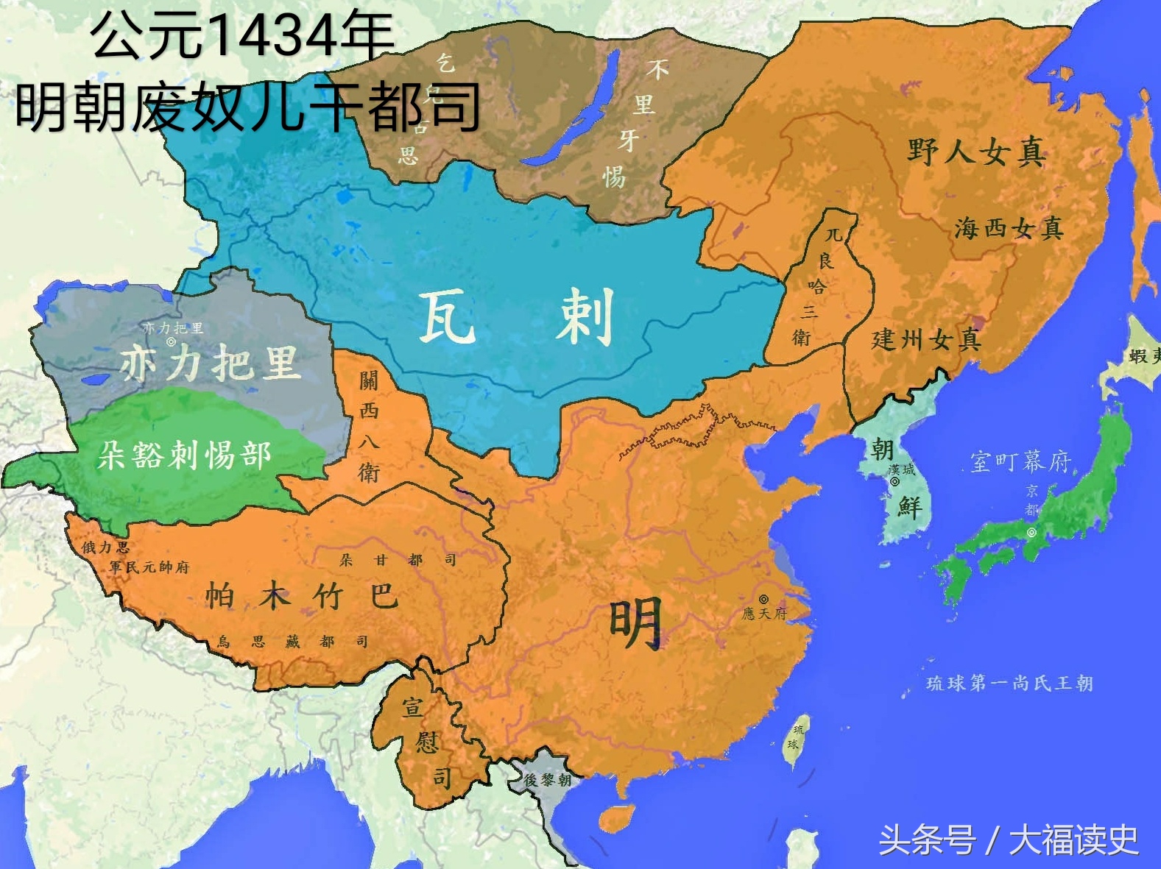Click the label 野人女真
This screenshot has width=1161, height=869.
click(x=976, y=152)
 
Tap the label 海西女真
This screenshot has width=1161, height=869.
click(x=1009, y=229)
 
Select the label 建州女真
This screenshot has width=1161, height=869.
click(x=926, y=339)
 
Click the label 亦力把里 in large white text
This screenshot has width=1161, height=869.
click(x=211, y=363)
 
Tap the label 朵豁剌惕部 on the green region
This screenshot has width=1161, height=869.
click(x=185, y=455)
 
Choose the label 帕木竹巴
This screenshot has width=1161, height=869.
click(x=301, y=595)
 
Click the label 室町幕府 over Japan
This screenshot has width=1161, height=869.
click(x=1020, y=461)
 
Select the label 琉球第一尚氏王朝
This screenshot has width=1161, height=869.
click(x=1009, y=684)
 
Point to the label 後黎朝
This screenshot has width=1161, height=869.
click(x=547, y=780)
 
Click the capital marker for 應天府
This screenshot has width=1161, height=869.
click(x=764, y=600)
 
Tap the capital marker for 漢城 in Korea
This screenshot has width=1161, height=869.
click(x=894, y=482)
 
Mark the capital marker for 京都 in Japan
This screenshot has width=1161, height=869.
click(x=1031, y=532)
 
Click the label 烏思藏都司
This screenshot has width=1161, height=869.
click(x=292, y=642)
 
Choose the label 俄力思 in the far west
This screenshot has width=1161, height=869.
click(x=105, y=547)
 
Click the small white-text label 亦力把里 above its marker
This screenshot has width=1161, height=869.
click(x=172, y=328)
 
